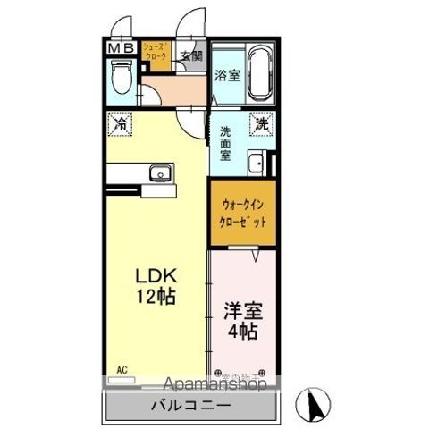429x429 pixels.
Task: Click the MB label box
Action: tap(122, 49)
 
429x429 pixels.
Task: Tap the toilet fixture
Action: tap(122, 80)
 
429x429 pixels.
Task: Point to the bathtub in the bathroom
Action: tap(259, 75)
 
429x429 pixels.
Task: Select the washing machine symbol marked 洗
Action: tap(260, 123)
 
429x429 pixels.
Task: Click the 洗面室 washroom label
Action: tap(225, 142)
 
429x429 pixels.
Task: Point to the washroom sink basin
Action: tap(256, 164)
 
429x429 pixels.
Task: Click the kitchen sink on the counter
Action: tap(161, 173)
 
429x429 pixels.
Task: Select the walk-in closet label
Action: tap(243, 214)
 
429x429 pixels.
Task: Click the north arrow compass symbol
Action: tap(316, 404)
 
